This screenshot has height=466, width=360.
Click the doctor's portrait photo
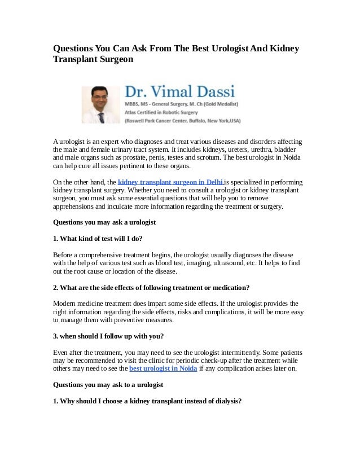(x=100, y=104)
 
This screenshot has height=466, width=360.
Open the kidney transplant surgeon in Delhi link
(x=170, y=182)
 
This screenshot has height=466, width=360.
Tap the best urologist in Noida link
(x=163, y=368)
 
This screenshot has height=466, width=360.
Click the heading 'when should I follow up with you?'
(x=108, y=336)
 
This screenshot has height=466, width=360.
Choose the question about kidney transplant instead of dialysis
(x=147, y=401)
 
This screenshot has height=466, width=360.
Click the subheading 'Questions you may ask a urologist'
(x=104, y=222)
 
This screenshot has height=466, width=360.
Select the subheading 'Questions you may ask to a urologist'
(x=108, y=385)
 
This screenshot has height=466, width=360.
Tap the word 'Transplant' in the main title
(x=76, y=59)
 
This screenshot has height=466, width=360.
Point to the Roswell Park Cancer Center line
(x=182, y=120)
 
